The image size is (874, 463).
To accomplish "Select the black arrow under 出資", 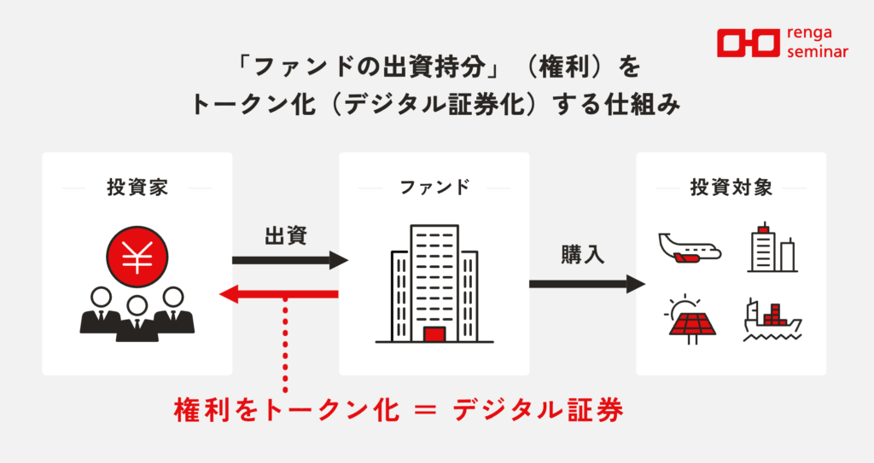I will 289,260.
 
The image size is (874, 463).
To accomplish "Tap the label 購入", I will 583,255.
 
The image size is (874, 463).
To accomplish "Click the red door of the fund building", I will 434,334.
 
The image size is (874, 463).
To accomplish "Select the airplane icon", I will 690,247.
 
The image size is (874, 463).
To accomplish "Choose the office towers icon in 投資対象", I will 772,247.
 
